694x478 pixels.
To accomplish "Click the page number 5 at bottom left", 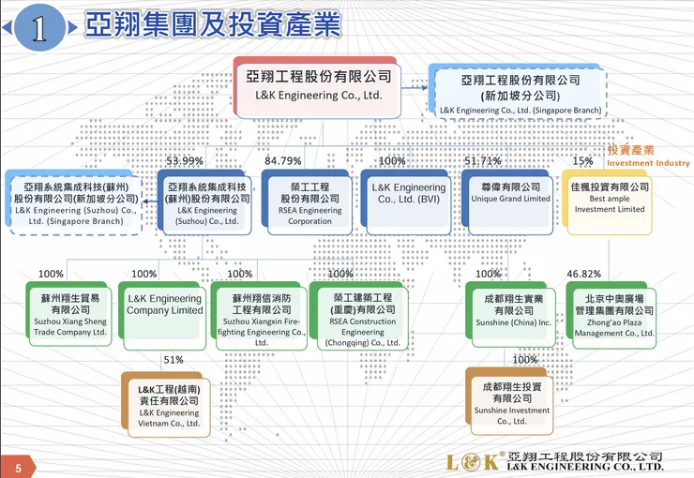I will point(17,465).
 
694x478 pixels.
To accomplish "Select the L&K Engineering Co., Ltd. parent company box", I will point(319,85).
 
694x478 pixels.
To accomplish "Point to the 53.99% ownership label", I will point(185,161).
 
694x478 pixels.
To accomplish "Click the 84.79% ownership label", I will point(283,161).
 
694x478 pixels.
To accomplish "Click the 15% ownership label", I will point(582,161).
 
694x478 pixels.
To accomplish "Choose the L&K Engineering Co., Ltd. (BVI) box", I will point(409,201).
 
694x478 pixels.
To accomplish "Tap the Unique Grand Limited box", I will point(510,199).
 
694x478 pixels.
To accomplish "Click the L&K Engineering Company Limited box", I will point(164,310).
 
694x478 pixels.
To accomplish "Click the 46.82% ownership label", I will point(584,274).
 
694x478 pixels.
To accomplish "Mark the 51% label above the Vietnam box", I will point(173,359).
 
